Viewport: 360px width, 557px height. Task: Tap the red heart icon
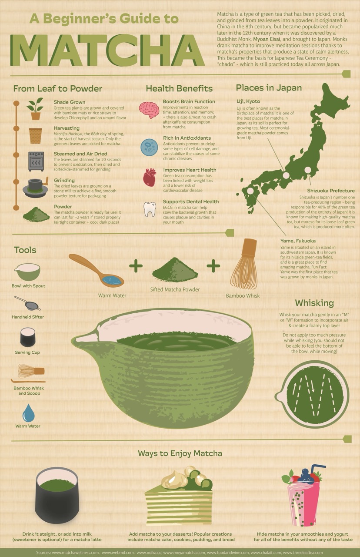[149, 178]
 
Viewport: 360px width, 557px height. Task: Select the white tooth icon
[149, 209]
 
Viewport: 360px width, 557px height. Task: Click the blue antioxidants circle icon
[149, 147]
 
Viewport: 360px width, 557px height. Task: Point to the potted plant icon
[35, 109]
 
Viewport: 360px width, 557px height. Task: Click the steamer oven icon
[36, 161]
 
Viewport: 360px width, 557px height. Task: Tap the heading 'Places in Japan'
[269, 88]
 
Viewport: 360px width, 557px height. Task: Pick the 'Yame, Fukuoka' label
[298, 241]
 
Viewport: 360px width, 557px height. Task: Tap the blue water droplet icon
[28, 413]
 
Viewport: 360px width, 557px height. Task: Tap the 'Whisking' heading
[314, 303]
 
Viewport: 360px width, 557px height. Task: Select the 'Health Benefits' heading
[179, 88]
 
